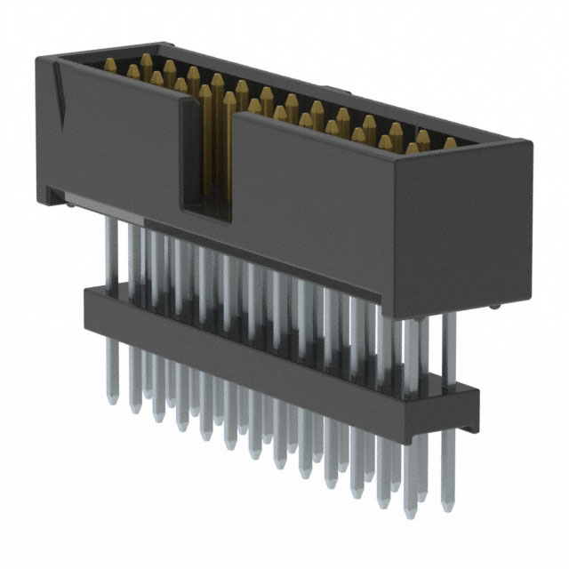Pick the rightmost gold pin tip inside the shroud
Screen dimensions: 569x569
pyautogui.click(x=450, y=142)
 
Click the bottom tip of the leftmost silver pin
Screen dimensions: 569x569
pyautogui.click(x=112, y=399)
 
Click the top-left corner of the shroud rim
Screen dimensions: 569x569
pyautogui.click(x=40, y=58)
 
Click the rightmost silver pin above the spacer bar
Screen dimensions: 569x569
pyautogui.click(x=450, y=342)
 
